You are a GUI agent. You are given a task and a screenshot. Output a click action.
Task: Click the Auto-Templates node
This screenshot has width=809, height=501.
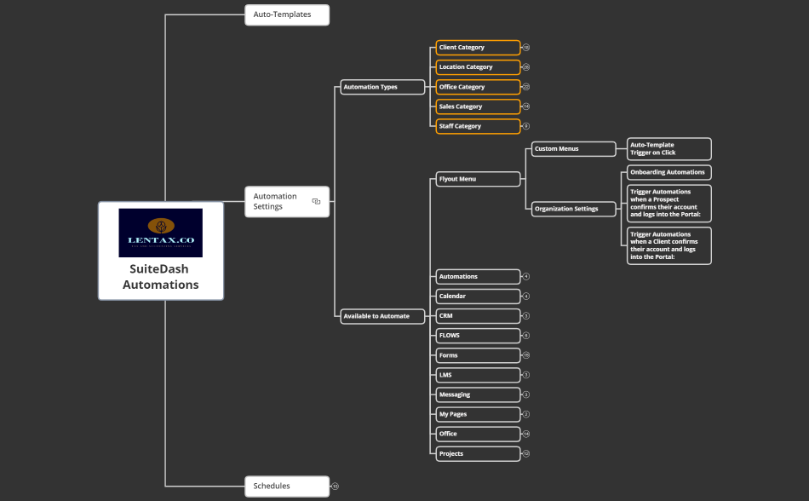click(x=286, y=14)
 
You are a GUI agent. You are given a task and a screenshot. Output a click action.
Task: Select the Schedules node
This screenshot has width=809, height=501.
click(x=286, y=486)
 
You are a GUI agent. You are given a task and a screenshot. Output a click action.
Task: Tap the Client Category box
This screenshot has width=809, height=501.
click(x=477, y=48)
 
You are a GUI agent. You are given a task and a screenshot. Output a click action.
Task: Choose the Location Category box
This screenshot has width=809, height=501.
click(x=477, y=67)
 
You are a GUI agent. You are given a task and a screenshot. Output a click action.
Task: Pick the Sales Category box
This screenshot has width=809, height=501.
click(x=477, y=107)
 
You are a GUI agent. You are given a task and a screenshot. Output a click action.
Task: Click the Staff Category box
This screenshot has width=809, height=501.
click(x=477, y=126)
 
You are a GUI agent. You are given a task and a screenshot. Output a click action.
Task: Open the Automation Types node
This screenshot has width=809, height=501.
click(x=382, y=87)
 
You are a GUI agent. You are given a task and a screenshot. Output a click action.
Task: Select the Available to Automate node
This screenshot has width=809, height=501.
click(x=382, y=316)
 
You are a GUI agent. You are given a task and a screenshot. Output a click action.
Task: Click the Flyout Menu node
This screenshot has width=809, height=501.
click(x=477, y=179)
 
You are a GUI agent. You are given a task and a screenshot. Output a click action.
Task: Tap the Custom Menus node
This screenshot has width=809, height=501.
click(x=573, y=149)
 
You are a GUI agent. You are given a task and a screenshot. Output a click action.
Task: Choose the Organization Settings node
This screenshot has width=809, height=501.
click(x=573, y=209)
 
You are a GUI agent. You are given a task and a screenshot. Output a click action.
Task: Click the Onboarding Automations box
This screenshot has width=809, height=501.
click(x=668, y=172)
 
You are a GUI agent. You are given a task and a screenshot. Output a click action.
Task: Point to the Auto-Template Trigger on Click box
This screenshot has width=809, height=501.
click(x=668, y=149)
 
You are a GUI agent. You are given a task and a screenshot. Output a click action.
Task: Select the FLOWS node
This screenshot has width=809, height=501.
click(x=477, y=336)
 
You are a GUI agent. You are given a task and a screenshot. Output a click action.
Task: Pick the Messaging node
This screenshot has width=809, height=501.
click(x=477, y=394)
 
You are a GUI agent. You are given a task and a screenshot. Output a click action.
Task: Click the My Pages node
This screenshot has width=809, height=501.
click(x=477, y=414)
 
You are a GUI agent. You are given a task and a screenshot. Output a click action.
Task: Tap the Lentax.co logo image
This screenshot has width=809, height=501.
click(x=161, y=233)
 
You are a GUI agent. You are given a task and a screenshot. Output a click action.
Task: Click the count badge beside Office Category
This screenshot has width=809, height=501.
click(x=526, y=87)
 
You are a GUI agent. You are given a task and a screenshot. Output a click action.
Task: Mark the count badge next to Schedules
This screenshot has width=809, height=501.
click(x=336, y=487)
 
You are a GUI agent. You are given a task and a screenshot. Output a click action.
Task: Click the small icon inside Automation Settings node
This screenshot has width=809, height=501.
click(x=316, y=201)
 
